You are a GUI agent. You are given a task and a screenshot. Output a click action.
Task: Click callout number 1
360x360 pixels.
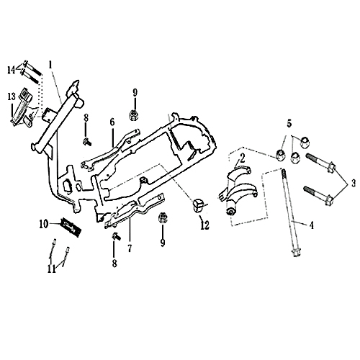[x=51, y=63]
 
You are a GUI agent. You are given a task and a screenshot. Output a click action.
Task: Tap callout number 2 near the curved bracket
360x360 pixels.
[x=243, y=156]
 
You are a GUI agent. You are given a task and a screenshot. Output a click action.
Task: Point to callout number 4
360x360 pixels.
[x=311, y=225]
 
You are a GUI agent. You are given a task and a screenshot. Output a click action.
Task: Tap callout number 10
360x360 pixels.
[x=43, y=224]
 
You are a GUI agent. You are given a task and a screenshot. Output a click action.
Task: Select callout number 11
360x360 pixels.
[x=50, y=269]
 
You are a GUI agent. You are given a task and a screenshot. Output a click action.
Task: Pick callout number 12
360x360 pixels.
[x=204, y=225]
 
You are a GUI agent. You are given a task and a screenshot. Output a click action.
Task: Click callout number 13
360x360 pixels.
[x=12, y=96]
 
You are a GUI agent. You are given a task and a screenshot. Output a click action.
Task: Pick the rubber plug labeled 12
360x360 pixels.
[x=197, y=205]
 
